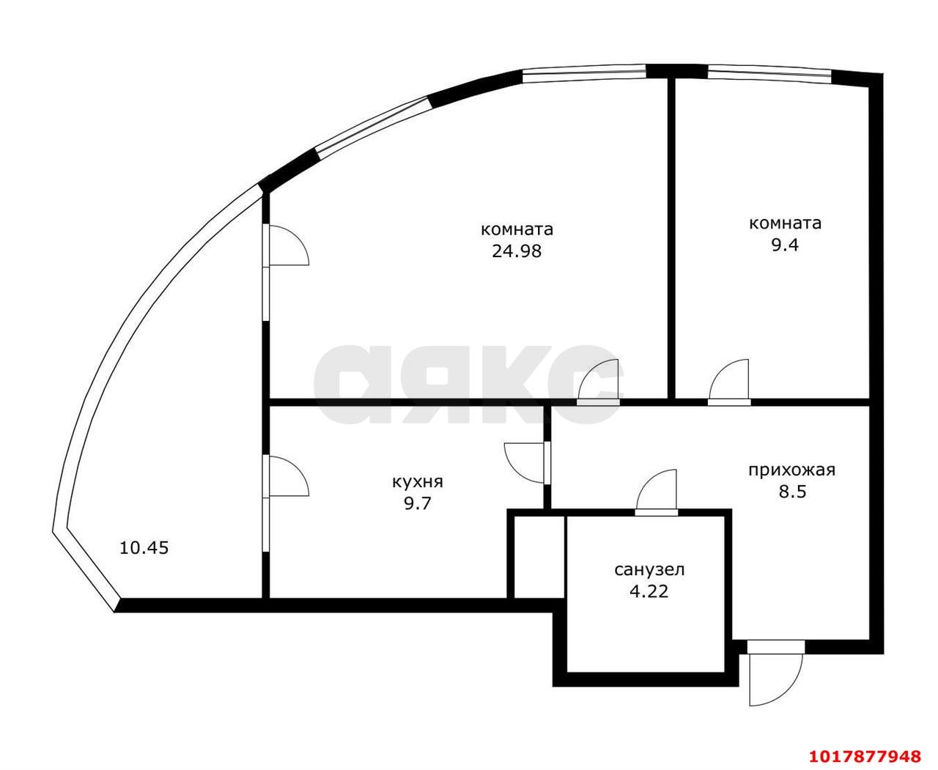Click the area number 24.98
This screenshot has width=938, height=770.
click(517, 251)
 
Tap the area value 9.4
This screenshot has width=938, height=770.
click(785, 245)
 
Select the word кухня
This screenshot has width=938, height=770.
click(418, 482)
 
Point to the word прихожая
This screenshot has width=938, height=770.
click(791, 470)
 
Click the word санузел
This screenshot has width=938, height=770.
click(649, 570)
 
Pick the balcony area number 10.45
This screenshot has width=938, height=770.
click(144, 548)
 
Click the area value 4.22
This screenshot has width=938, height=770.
click(649, 592)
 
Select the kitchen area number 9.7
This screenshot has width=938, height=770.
click(418, 504)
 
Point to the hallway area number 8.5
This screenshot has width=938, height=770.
click(792, 492)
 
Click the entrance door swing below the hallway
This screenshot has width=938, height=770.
click(775, 679)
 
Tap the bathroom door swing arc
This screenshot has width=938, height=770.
click(656, 492)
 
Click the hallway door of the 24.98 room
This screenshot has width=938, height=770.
click(598, 382)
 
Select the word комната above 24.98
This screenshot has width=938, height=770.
click(517, 230)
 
